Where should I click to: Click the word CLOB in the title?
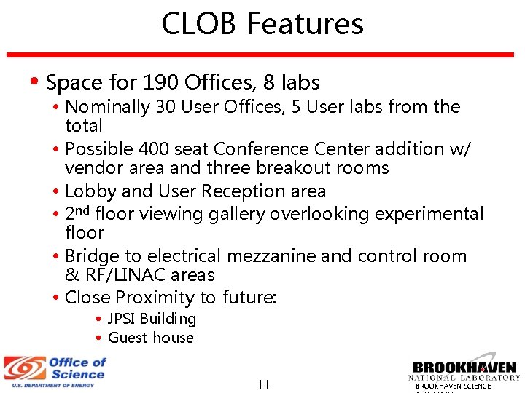(x=198, y=23)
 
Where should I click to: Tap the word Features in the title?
(x=304, y=23)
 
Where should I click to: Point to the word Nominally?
(x=107, y=107)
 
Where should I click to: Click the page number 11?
(x=263, y=384)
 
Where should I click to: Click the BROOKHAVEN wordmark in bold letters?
(x=464, y=368)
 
